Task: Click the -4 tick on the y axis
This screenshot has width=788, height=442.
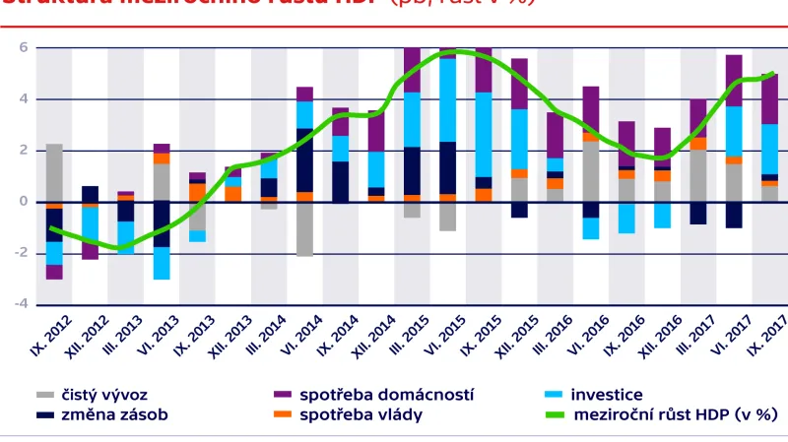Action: (x=22, y=304)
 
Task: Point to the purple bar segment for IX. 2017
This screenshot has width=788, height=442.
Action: (x=769, y=98)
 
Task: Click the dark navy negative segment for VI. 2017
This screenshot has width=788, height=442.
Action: (x=734, y=215)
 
